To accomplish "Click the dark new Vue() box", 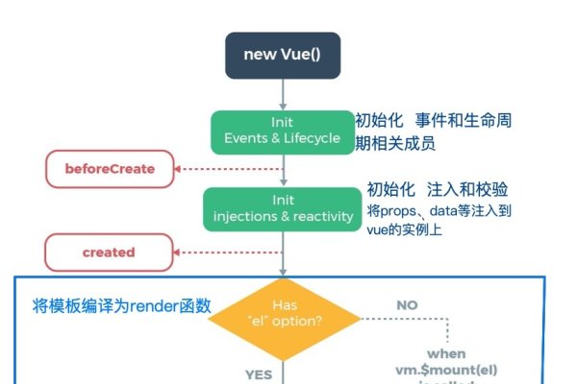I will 282,55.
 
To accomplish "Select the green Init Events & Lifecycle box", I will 282,132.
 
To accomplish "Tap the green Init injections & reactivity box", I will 282,208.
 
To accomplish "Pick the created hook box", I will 108,252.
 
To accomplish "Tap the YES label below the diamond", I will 259,373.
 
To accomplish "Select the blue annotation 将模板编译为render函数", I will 122,306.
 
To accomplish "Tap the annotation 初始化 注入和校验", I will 438,189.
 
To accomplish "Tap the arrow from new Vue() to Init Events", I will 283,94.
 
